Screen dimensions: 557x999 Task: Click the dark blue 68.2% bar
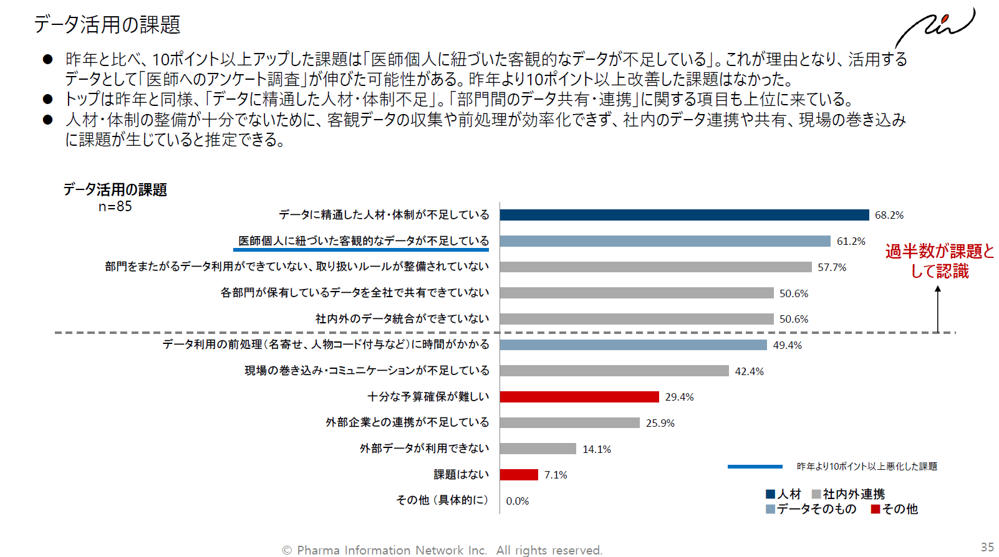point(684,215)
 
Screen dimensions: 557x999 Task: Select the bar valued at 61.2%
point(665,241)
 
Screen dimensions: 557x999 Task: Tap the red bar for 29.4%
point(579,397)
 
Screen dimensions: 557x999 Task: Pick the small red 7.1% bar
point(519,475)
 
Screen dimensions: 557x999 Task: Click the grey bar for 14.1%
point(538,449)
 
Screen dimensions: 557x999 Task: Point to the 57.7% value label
point(832,267)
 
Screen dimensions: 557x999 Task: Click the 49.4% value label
point(787,345)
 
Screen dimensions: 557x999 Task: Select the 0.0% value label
point(517,501)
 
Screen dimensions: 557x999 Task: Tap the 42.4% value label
point(749,371)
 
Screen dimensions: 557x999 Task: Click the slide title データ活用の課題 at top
point(107,25)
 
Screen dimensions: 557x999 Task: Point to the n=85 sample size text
point(115,207)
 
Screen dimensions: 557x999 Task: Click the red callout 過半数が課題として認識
point(939,261)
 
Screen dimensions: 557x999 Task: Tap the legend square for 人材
point(770,494)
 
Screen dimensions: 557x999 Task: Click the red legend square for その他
point(876,509)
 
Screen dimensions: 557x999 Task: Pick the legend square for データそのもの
point(770,509)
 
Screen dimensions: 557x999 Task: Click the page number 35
point(987,547)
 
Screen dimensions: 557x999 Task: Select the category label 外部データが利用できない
point(424,449)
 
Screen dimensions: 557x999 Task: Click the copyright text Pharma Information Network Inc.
point(442,550)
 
